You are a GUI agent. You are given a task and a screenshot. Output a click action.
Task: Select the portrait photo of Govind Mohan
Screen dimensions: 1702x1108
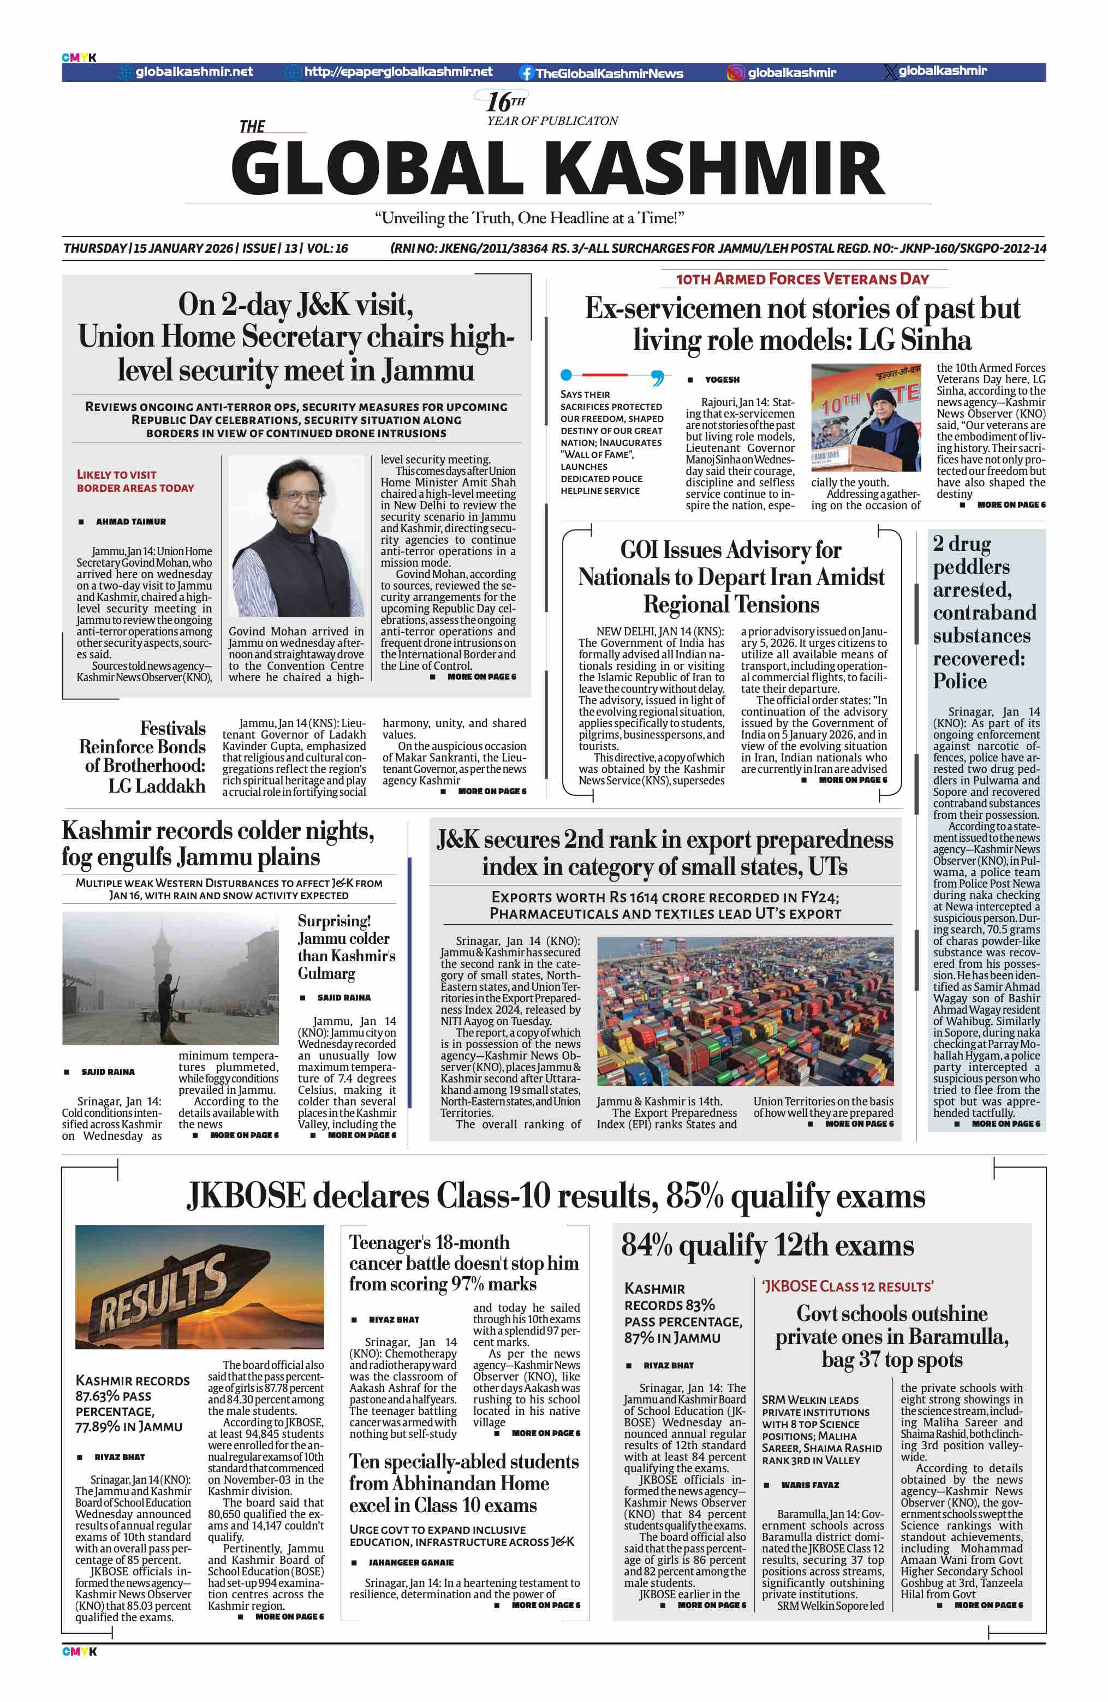pos(296,537)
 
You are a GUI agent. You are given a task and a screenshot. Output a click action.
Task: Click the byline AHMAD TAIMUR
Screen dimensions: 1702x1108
pos(131,522)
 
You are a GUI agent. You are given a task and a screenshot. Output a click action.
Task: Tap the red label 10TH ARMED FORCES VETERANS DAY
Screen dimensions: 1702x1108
pos(802,279)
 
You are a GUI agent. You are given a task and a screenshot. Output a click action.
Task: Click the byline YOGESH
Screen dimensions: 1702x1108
pos(722,380)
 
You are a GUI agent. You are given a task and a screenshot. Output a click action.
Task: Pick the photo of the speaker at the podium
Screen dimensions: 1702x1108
pos(866,418)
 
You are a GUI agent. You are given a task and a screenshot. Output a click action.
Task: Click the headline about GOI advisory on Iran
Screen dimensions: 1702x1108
pos(730,577)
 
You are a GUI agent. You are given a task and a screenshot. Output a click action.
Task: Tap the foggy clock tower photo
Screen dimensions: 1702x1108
pos(170,978)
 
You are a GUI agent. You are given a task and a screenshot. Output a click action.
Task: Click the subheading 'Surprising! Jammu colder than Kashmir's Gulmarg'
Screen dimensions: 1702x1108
pos(346,947)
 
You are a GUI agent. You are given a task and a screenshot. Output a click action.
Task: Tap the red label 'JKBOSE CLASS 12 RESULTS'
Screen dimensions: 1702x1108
pos(848,1287)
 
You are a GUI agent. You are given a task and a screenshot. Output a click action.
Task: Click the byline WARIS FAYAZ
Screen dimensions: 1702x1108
pos(810,1485)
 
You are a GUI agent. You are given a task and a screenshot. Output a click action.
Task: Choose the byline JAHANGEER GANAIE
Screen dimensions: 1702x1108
pos(410,1563)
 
